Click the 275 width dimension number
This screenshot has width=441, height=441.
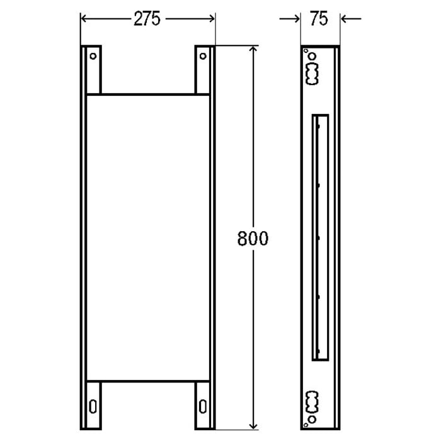click(147, 19)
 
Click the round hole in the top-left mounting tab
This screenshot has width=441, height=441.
click(93, 56)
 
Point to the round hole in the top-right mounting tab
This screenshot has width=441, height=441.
click(203, 56)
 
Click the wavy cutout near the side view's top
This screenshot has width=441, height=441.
click(311, 75)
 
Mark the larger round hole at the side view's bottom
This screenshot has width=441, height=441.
click(311, 418)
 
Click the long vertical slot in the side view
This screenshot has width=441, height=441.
click(321, 238)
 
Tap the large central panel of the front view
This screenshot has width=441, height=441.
click(147, 238)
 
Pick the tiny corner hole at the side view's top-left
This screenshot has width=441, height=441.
click(305, 51)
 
